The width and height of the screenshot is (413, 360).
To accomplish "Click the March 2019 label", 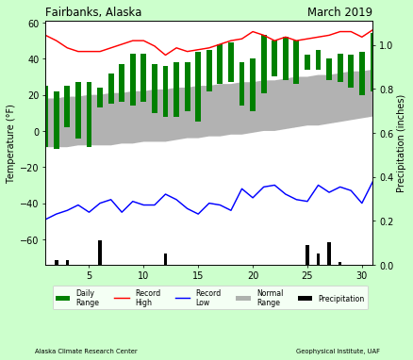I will coord(339,12).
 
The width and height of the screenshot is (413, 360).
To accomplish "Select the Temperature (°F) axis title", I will coord(11,143).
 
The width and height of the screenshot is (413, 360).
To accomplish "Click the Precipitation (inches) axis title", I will coord(401,143).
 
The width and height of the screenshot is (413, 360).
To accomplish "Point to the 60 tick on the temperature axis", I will coord(34,24).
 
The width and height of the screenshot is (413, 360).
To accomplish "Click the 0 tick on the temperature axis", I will coord(38,132).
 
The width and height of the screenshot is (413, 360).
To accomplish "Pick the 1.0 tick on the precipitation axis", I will coord(385,46).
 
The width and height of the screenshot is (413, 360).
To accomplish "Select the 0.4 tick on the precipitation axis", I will coord(385,177).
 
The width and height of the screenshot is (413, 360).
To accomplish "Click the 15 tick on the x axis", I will coord(198,275).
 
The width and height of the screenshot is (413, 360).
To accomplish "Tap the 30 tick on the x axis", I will coord(361,275).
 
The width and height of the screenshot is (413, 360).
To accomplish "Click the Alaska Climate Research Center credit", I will coord(86,351).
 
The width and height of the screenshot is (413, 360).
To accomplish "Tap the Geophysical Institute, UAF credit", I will coord(337,351).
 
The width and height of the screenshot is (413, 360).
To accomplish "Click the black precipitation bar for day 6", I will coord(100,253).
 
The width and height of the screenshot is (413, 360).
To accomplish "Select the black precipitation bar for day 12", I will coord(165,259).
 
